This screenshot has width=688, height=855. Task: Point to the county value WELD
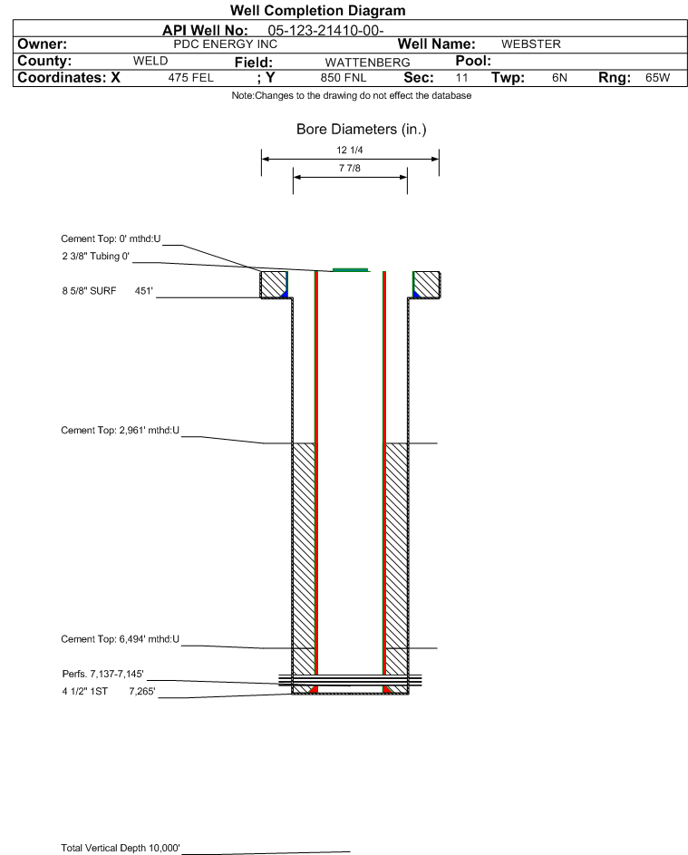pos(150,61)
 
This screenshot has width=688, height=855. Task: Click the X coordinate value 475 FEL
pos(190,78)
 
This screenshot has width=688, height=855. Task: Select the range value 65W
pos(657,78)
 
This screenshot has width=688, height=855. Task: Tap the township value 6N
pos(559,78)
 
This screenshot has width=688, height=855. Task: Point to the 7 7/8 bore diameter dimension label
pos(350,169)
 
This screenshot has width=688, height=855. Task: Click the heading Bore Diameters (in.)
pos(361,130)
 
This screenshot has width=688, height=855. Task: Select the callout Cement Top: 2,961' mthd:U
pos(119,430)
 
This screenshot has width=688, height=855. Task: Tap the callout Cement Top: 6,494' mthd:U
pos(119,639)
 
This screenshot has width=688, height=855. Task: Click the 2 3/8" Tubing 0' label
pos(91,257)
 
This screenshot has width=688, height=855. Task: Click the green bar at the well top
pos(350,269)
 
